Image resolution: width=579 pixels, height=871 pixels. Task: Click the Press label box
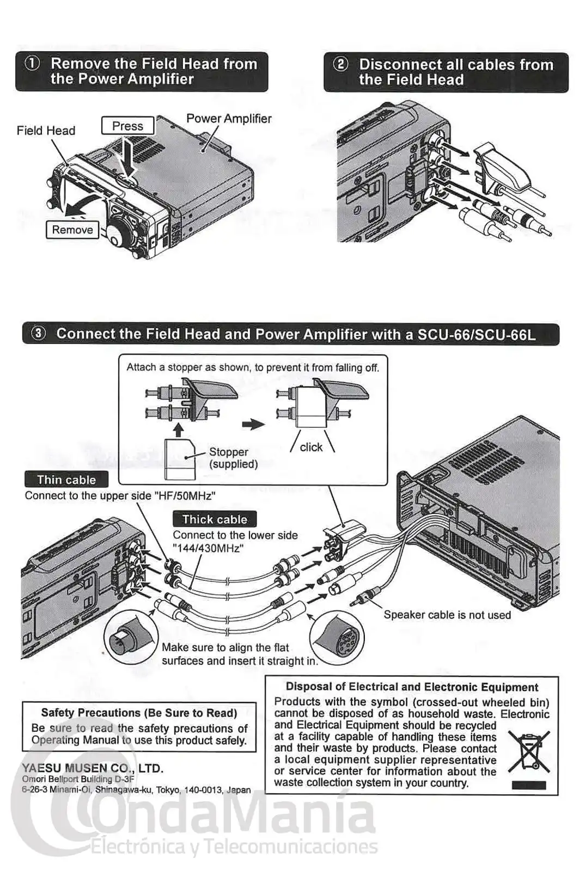click(x=127, y=126)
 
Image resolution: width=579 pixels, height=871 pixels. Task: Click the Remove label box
click(x=72, y=230)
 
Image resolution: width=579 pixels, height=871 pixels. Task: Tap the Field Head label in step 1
click(x=46, y=131)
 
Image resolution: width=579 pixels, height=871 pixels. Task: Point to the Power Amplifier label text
click(x=229, y=119)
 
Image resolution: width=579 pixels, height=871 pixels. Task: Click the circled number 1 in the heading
click(x=33, y=64)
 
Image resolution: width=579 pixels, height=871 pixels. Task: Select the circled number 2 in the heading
click(x=340, y=64)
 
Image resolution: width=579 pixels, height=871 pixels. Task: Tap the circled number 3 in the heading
click(x=38, y=334)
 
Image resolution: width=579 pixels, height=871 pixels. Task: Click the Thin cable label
click(x=66, y=480)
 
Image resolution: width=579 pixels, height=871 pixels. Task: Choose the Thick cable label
click(x=214, y=519)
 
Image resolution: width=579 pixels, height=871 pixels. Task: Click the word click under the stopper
click(x=311, y=447)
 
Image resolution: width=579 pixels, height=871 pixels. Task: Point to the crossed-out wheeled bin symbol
click(x=528, y=752)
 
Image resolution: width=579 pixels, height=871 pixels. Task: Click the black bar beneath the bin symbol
click(x=528, y=785)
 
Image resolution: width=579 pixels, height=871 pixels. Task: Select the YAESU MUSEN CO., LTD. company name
click(x=93, y=769)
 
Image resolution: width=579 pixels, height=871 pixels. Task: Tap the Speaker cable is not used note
click(x=447, y=615)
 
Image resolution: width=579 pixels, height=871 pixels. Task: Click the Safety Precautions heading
click(x=139, y=713)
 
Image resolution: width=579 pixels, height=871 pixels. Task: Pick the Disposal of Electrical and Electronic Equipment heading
click(x=412, y=687)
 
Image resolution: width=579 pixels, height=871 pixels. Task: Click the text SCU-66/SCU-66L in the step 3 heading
click(x=477, y=334)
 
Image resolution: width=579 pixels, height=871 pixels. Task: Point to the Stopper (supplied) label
click(x=233, y=458)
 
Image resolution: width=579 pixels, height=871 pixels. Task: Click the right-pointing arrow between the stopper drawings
click(x=253, y=425)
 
